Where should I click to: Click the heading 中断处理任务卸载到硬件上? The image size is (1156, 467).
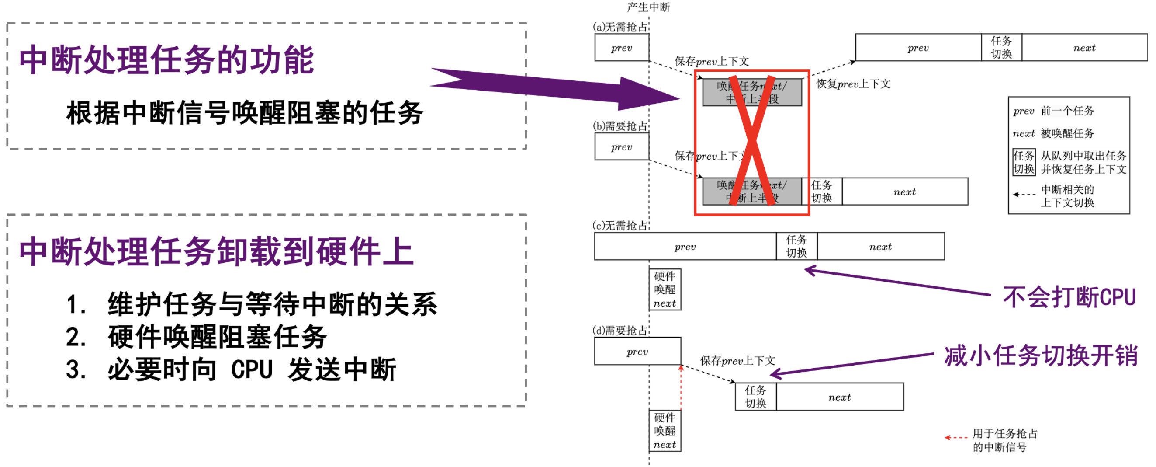click(x=216, y=252)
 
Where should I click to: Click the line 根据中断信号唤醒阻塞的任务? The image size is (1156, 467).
click(x=245, y=113)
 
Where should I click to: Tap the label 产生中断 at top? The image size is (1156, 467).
click(x=648, y=7)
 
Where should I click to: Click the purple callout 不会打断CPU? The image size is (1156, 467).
click(x=1069, y=297)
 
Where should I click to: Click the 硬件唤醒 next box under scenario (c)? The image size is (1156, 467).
click(x=665, y=289)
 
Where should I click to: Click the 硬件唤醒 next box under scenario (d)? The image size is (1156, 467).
click(x=665, y=431)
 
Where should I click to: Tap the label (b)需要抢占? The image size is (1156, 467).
click(x=620, y=126)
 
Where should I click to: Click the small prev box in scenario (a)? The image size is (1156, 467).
click(x=622, y=48)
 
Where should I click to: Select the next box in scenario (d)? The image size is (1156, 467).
click(x=839, y=397)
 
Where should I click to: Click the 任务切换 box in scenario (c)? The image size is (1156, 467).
click(x=796, y=246)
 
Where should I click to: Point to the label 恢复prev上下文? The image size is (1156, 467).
click(x=853, y=84)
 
